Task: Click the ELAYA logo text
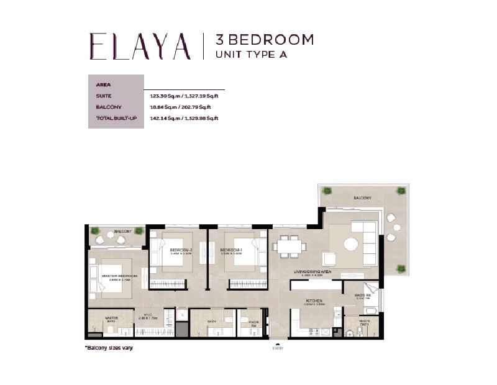[x=140, y=47]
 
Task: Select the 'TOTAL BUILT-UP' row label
[x=116, y=118]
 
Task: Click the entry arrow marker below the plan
[x=278, y=343]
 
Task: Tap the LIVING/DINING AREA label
[x=316, y=273]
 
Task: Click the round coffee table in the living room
[x=352, y=243]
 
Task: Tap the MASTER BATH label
[x=112, y=319]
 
